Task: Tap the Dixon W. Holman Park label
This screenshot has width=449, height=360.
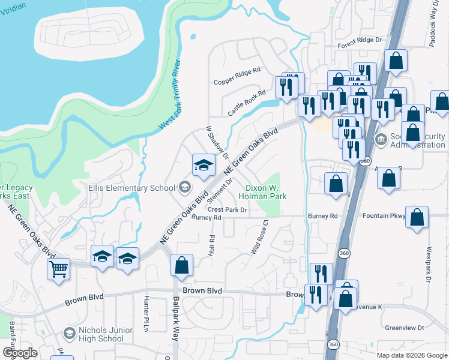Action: tap(262, 191)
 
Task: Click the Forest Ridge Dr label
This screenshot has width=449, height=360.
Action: tap(360, 40)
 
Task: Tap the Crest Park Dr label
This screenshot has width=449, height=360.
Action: tap(228, 209)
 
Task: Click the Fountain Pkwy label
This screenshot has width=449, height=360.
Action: tap(384, 215)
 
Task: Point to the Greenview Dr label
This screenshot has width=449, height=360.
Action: tap(404, 328)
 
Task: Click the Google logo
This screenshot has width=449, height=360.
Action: tap(20, 353)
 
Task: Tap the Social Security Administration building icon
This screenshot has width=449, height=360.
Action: tap(381, 140)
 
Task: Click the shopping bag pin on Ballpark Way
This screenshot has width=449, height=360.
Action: tap(181, 265)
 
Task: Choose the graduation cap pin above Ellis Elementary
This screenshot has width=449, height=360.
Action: tap(203, 164)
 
